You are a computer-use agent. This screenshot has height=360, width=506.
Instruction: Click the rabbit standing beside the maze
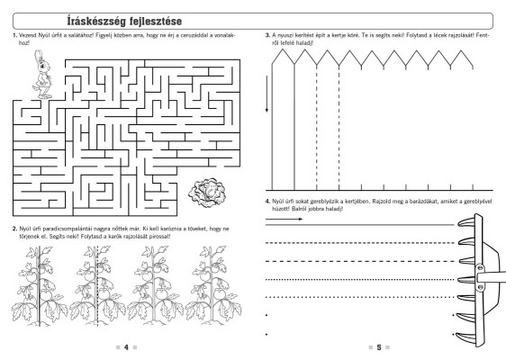42,75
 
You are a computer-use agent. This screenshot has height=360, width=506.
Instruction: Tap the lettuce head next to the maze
207,193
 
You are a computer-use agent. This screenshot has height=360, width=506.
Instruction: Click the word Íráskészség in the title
96,22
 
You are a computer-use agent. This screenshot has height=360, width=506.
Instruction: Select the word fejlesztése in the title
156,22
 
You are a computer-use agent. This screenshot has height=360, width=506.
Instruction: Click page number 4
126,347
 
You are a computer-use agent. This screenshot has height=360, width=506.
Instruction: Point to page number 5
379,347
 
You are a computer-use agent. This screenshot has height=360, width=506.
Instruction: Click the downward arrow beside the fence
267,94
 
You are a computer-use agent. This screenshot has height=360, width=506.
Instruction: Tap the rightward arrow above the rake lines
284,219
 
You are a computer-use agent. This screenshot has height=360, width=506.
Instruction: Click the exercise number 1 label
14,35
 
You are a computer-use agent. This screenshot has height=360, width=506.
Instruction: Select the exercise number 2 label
14,229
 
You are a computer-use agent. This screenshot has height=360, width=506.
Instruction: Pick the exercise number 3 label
267,35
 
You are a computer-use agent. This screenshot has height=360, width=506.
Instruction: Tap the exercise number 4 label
267,202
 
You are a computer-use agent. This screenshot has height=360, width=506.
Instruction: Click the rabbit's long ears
39,55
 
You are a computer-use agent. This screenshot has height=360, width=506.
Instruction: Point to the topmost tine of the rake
466,222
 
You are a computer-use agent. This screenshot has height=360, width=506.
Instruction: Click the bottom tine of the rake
464,337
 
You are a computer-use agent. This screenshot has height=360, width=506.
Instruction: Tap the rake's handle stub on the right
492,278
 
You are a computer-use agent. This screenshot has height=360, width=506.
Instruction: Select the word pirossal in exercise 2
160,237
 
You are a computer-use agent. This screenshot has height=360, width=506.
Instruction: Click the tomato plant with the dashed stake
97,286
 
